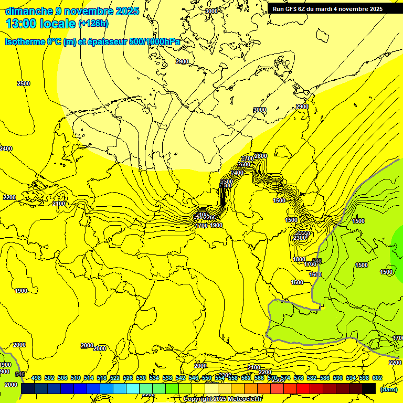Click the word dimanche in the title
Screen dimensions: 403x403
point(29,11)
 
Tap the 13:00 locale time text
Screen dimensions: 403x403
point(41,24)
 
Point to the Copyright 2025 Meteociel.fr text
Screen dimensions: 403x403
point(222,399)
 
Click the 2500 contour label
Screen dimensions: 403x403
point(24,83)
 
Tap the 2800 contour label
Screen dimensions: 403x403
point(261,156)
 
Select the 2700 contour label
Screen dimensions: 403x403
point(248,158)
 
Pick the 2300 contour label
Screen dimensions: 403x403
point(300,238)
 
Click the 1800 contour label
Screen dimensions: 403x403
point(299,259)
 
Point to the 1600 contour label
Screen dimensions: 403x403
point(315,274)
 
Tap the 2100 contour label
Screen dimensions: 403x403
point(59,204)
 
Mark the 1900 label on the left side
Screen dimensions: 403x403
point(21,291)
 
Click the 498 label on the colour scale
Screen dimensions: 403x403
point(36,378)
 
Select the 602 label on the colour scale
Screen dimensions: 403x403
point(377,378)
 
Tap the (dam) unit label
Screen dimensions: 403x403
point(389,389)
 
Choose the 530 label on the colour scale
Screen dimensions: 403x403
point(141,378)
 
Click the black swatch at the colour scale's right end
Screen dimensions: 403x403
point(369,388)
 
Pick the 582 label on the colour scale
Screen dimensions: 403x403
point(311,378)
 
